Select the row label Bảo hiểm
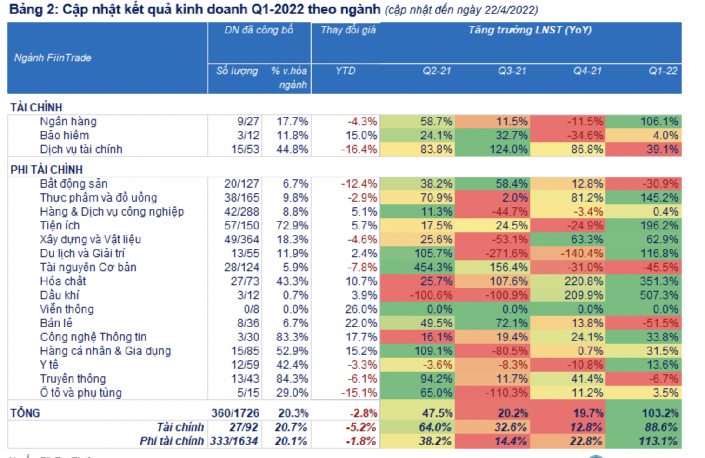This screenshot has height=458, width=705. tap(64, 136)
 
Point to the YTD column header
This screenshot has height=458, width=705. tap(346, 71)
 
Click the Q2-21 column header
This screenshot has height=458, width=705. tap(437, 71)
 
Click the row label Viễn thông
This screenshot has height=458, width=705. tap(67, 309)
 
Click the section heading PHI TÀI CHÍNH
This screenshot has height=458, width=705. tap(47, 170)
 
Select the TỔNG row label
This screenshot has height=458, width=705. tap(25, 413)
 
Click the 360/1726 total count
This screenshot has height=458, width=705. tap(235, 413)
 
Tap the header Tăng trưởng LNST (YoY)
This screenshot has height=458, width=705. tap(530, 30)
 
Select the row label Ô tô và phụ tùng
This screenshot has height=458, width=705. tap(80, 393)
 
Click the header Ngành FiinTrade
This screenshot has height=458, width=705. tap(53, 58)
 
